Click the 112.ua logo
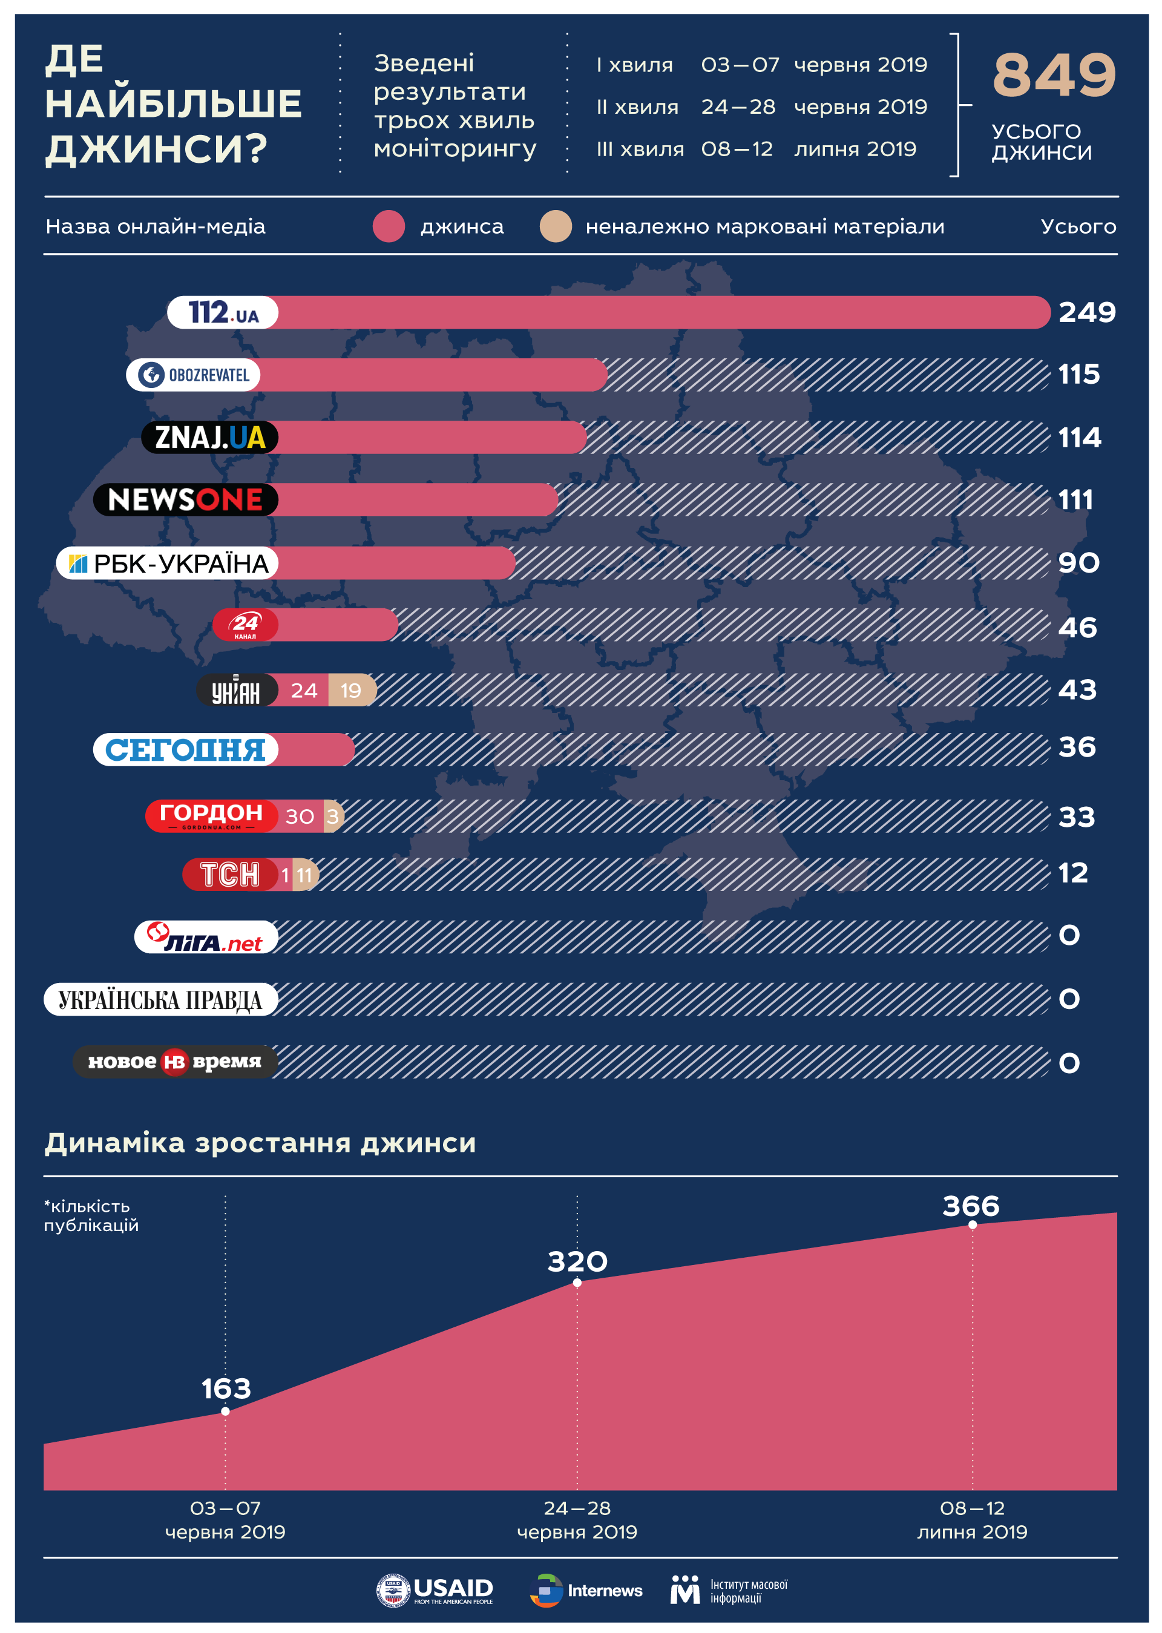[x=223, y=313]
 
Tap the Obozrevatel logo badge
[x=193, y=375]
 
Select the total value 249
[x=1086, y=313]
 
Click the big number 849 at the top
[x=1053, y=76]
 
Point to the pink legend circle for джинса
[x=389, y=226]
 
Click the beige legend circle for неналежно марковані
[x=555, y=226]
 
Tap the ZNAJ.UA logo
[x=209, y=437]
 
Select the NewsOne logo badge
[x=185, y=499]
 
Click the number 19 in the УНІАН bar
[x=350, y=691]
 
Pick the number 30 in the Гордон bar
[x=300, y=816]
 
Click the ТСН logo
[x=230, y=875]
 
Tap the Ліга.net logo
[x=206, y=937]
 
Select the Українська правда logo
[x=160, y=1000]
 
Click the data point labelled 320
[x=577, y=1283]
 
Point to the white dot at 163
[x=225, y=1411]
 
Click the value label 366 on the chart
[x=970, y=1206]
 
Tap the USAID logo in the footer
[x=435, y=1591]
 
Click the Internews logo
[x=586, y=1591]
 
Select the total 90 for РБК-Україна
[x=1078, y=563]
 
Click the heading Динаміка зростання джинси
[x=260, y=1143]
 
